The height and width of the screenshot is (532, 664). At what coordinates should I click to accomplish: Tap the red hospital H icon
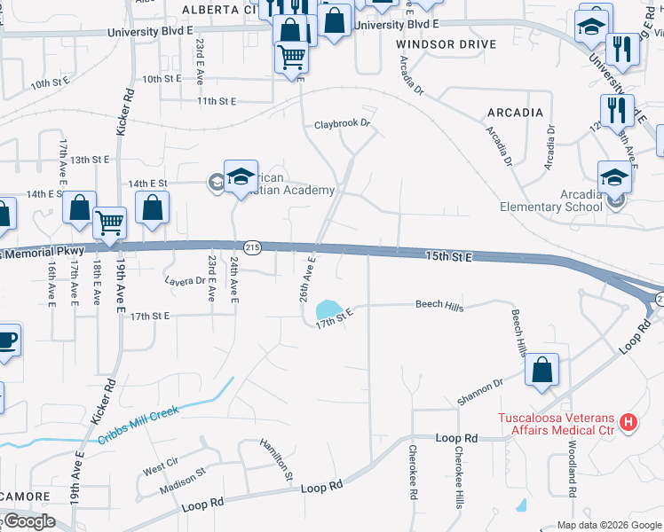point(628,419)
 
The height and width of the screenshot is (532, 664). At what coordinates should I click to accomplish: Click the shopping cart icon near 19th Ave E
point(109,223)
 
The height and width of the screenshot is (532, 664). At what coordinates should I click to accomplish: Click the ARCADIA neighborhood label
point(515,113)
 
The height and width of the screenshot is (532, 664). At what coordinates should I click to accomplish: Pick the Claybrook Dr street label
point(341,125)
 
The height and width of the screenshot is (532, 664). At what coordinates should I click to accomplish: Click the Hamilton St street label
point(276,458)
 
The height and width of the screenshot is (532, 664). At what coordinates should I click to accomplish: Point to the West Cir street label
point(160,465)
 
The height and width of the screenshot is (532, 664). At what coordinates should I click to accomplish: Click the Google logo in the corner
point(28,521)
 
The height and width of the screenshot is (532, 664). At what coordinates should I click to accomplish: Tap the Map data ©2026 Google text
point(609,525)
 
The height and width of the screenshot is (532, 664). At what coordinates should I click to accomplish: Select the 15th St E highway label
point(447,255)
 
